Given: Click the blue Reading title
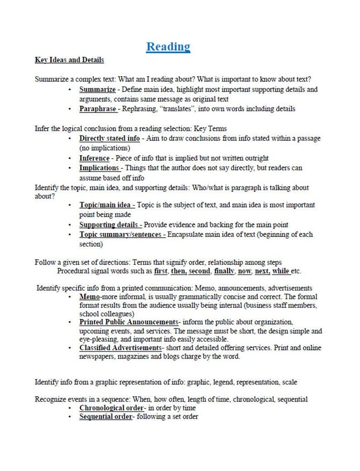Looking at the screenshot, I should pos(168,47).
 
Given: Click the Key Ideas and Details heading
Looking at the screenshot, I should pos(69,60).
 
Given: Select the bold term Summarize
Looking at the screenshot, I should pos(97,89).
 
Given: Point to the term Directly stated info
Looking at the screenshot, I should pos(109,138).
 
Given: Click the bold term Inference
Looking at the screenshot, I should pos(94,158).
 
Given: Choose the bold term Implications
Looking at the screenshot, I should pos(99,168).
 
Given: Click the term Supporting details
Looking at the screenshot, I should pos(109,225).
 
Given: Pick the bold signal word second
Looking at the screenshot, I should pos(199,271).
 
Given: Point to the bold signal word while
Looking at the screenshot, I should pos(281,271).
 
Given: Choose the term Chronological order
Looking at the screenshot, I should pos(112,408).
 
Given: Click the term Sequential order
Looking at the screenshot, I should pos(105,417).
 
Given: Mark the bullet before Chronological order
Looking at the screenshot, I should pos(69,408).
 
